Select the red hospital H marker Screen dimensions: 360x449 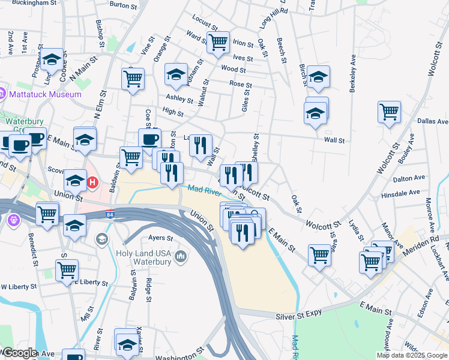click(92, 182)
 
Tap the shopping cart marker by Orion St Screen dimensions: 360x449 click(218, 42)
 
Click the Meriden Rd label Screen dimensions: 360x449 click(429, 241)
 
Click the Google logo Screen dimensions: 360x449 click(20, 353)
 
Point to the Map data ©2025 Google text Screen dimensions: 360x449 click(412, 355)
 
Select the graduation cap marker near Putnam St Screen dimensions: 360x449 click(176, 73)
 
